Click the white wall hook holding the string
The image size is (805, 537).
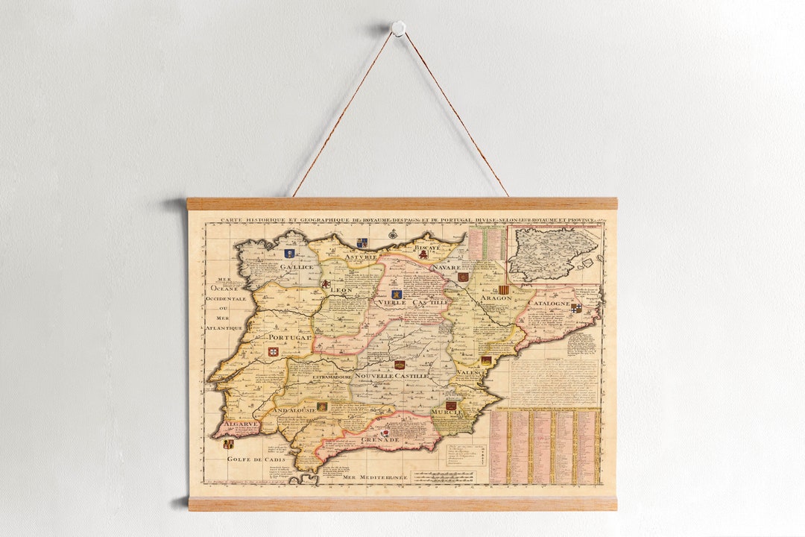(x=399, y=28)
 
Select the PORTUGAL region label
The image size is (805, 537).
(x=289, y=338)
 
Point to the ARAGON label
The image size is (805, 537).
(x=496, y=298)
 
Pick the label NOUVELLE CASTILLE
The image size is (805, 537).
(x=391, y=376)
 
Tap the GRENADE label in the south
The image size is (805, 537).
(x=381, y=440)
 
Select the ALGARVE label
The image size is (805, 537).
(x=241, y=423)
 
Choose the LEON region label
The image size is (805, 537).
(x=341, y=290)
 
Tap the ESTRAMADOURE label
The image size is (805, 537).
(x=332, y=377)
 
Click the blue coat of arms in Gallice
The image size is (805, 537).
(x=289, y=254)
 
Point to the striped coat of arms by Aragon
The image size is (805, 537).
(x=505, y=289)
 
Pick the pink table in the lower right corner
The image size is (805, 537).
(x=544, y=445)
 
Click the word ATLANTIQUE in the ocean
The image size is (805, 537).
(x=224, y=328)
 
